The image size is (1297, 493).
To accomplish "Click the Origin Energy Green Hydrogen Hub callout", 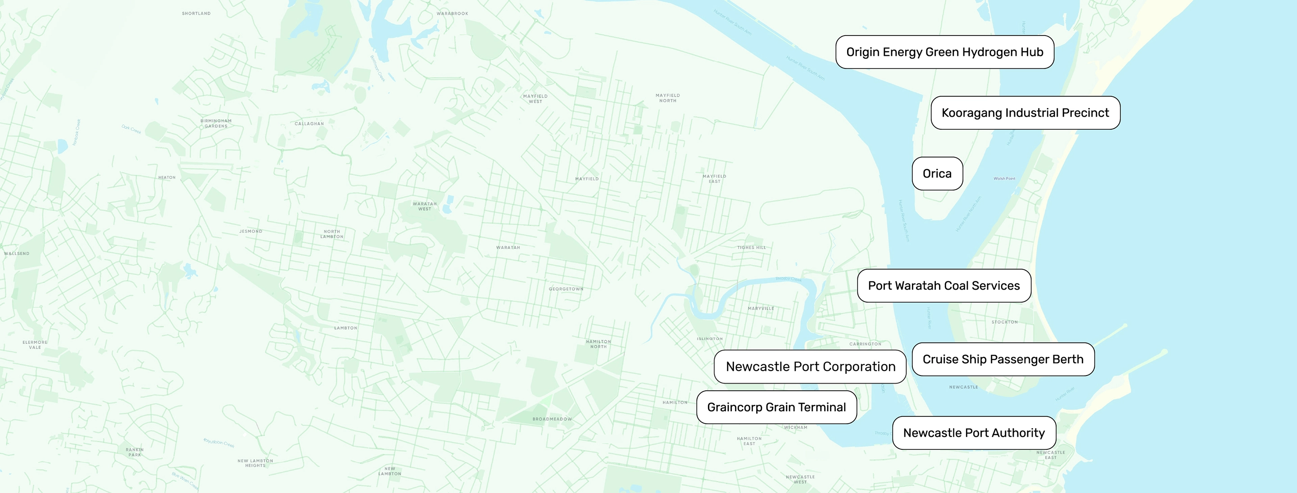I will pyautogui.click(x=944, y=52).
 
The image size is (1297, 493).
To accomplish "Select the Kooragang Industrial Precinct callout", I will pyautogui.click(x=1025, y=113).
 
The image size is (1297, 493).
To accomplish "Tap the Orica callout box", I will pyautogui.click(x=937, y=174).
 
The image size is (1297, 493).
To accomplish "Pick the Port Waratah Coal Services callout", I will pyautogui.click(x=943, y=285).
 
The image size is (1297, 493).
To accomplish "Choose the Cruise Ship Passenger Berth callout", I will pyautogui.click(x=1003, y=359).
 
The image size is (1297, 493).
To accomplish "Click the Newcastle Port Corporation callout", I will pyautogui.click(x=810, y=366).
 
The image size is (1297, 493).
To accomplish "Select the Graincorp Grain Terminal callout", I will pyautogui.click(x=776, y=407).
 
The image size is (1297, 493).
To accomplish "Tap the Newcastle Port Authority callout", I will pyautogui.click(x=974, y=433).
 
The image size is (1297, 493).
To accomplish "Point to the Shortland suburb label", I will pyautogui.click(x=196, y=14).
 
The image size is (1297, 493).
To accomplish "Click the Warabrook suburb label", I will pyautogui.click(x=452, y=14).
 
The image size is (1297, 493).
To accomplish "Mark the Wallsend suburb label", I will pyautogui.click(x=17, y=253).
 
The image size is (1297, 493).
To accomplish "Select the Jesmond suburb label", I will pyautogui.click(x=251, y=231).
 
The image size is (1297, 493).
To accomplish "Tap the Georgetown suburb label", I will pyautogui.click(x=566, y=289).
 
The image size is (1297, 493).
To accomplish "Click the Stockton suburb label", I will pyautogui.click(x=1004, y=322).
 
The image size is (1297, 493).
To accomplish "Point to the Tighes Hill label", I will pyautogui.click(x=751, y=247).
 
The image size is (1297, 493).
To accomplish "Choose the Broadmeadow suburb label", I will pyautogui.click(x=552, y=419).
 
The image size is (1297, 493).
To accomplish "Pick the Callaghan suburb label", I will pyautogui.click(x=309, y=123).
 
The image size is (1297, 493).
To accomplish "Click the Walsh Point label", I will pyautogui.click(x=1004, y=178).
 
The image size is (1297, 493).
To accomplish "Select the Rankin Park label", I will pyautogui.click(x=135, y=452).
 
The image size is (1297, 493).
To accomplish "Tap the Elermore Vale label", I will pyautogui.click(x=35, y=344).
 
